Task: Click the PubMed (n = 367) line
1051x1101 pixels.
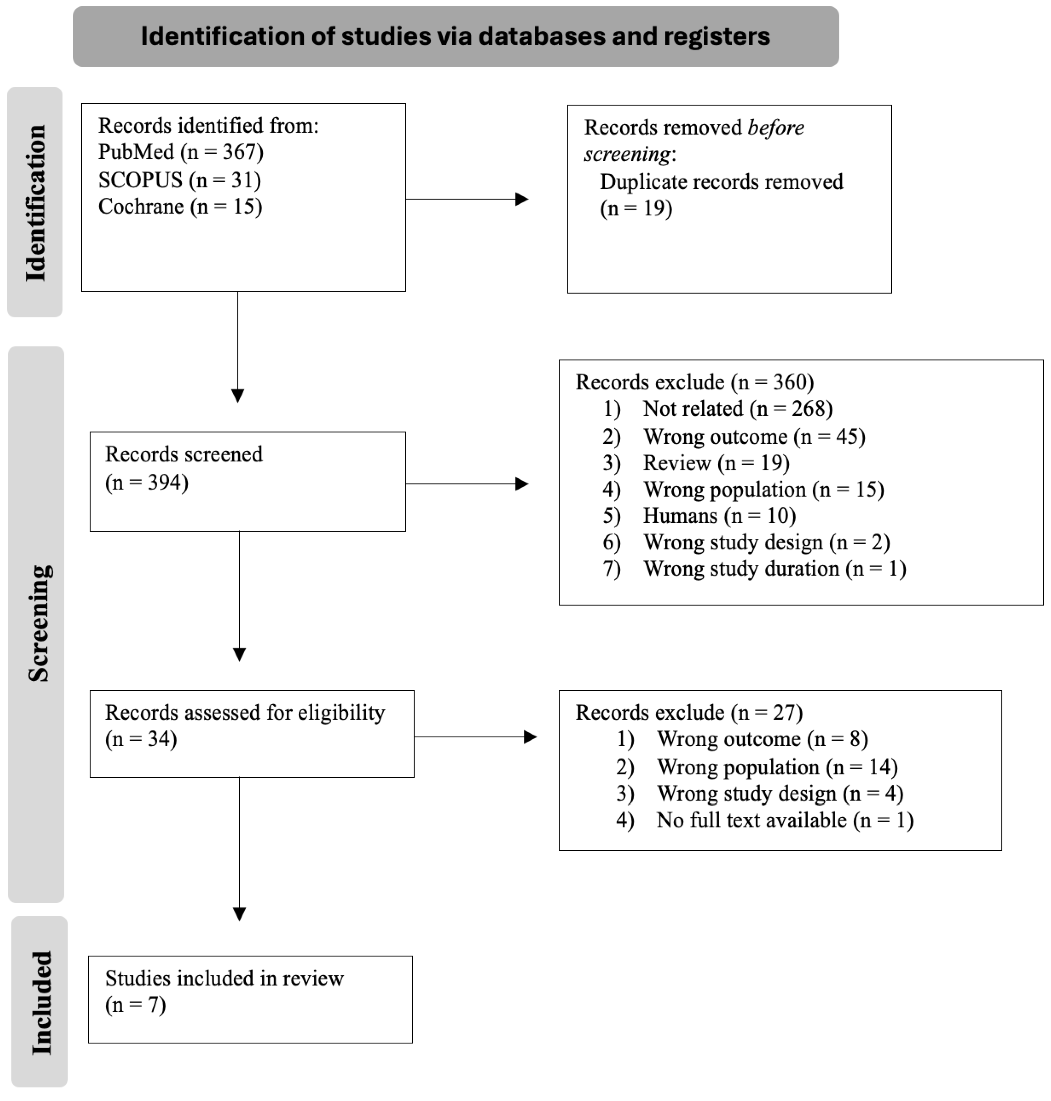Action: [x=180, y=152]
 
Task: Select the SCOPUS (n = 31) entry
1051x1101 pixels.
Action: [x=179, y=180]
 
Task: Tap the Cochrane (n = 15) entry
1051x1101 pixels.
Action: [x=180, y=207]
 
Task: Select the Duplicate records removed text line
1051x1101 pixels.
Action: [x=721, y=182]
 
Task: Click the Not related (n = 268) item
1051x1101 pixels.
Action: [x=737, y=409]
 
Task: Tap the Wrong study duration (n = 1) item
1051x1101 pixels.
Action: [x=774, y=569]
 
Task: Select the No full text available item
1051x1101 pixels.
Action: [x=784, y=821]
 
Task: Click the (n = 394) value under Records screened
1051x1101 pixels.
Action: [x=147, y=482]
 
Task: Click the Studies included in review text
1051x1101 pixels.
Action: [x=224, y=978]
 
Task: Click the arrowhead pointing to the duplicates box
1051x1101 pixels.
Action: [x=522, y=199]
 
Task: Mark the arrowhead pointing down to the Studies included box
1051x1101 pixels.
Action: [x=239, y=914]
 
